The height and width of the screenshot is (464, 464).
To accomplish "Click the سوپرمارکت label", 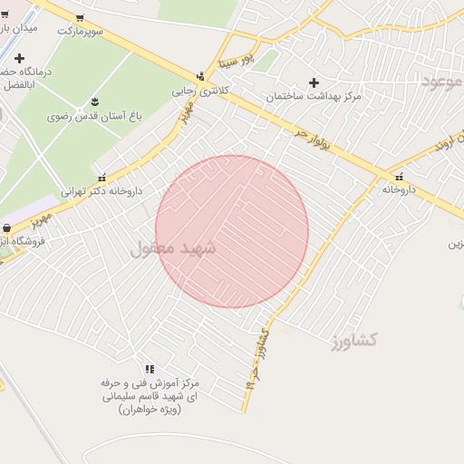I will (x=81, y=31).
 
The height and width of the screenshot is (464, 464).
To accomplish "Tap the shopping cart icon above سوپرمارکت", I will (x=80, y=17).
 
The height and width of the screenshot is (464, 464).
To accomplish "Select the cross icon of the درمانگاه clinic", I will (x=19, y=58).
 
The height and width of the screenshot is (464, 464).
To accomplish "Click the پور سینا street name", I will (x=237, y=61).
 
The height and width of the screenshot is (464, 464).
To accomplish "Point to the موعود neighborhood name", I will (x=441, y=82).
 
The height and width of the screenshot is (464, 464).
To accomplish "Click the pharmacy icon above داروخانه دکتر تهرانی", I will (x=101, y=178).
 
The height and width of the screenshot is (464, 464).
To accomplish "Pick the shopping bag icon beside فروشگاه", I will (x=7, y=228).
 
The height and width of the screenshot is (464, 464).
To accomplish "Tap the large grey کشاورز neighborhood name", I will (x=353, y=340).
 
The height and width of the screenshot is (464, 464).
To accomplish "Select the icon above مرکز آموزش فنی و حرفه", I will (x=150, y=369).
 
